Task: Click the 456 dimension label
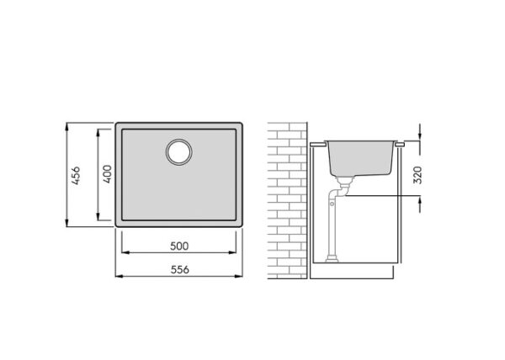[x=76, y=175]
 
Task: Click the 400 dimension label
[x=107, y=174]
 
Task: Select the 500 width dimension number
[x=179, y=246]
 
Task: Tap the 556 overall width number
[x=180, y=270]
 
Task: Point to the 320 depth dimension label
[x=417, y=175]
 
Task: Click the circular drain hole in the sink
[x=179, y=152]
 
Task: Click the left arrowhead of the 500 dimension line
[x=125, y=252]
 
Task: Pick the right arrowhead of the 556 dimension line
[x=238, y=276]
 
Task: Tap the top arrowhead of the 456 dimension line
[x=66, y=126]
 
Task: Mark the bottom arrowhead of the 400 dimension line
[x=98, y=216]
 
